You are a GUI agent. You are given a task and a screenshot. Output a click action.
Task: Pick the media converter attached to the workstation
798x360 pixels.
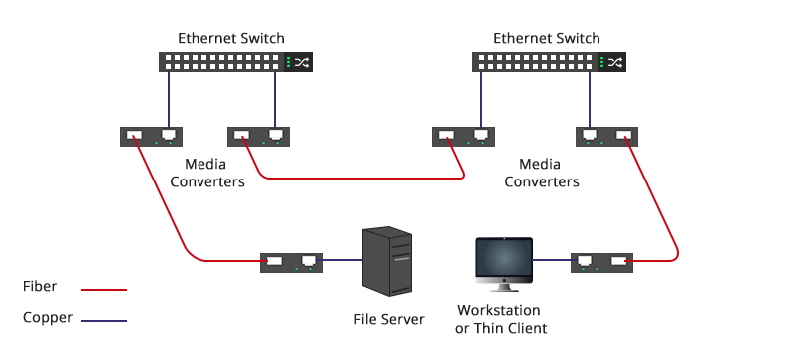pos(602,262)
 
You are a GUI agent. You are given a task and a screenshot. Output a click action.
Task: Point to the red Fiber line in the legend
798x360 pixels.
pos(104,290)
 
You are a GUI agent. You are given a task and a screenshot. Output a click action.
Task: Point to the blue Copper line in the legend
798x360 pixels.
pos(104,321)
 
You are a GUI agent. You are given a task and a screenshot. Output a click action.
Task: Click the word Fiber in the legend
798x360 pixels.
pos(39,287)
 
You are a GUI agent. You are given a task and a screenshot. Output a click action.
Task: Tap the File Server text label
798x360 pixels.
pos(389,319)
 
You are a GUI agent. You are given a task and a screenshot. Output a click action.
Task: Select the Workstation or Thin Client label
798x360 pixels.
pos(502,319)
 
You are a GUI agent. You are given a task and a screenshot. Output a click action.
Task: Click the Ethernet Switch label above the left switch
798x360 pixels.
pos(231,38)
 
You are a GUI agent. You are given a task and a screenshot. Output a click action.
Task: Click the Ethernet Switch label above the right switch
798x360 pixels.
pos(547,38)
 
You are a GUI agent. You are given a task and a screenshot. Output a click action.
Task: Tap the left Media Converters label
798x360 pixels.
pos(207,173)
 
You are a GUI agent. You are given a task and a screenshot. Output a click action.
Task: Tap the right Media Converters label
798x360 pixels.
pos(542,173)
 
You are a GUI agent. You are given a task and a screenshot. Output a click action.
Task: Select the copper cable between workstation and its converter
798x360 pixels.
pos(551,261)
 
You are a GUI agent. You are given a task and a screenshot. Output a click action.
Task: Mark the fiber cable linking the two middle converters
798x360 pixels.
pos(359,179)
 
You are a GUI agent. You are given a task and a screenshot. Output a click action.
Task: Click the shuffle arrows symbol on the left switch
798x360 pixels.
pos(300,62)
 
